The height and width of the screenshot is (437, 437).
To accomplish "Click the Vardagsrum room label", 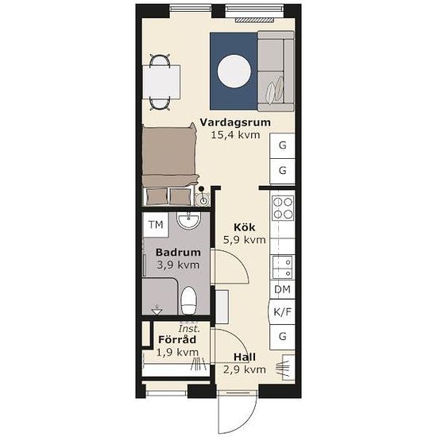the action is tap(235, 122).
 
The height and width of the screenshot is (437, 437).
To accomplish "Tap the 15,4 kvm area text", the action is tap(235, 135).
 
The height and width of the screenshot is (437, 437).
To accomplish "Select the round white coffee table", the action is tap(234, 71).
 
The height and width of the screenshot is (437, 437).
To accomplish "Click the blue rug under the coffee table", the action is tap(234, 71).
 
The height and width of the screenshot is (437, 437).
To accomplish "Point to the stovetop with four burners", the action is tap(283, 208).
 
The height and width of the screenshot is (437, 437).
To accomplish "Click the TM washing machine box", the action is tap(156, 225).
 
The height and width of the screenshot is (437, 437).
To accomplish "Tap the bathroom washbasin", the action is tap(188, 220).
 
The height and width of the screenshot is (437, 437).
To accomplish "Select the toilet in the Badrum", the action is tap(188, 300).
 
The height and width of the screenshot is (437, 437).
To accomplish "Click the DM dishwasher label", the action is tap(282, 289).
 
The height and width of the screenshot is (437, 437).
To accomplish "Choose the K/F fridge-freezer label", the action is tap(282, 312).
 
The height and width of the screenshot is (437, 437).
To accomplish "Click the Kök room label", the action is tap(244, 227).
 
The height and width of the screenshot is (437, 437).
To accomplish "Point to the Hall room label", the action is tap(245, 357).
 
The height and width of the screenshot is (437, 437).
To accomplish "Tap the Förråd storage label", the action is tap(177, 339).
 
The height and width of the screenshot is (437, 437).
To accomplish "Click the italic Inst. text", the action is tap(189, 329).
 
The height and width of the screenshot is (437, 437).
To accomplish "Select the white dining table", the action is tap(161, 82).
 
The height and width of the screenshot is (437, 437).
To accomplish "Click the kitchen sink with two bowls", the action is tap(283, 267).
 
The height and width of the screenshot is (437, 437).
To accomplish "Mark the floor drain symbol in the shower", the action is tap(157, 310).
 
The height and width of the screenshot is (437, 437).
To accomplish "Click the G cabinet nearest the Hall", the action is tap(282, 336).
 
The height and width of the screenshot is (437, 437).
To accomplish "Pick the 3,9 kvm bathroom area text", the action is tap(178, 265).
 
